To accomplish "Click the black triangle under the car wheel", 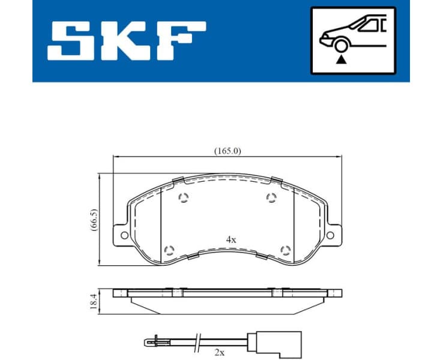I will (342, 59).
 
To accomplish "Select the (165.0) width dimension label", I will (228, 151).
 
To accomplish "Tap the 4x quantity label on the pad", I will (231, 239).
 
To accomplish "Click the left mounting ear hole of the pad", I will (124, 235).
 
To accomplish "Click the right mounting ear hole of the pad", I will (331, 235).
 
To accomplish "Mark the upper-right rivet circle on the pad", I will (271, 199).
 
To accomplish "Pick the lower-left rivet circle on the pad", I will (169, 249).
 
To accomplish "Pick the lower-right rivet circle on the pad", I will (286, 249).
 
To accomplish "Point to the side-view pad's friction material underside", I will (228, 307).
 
